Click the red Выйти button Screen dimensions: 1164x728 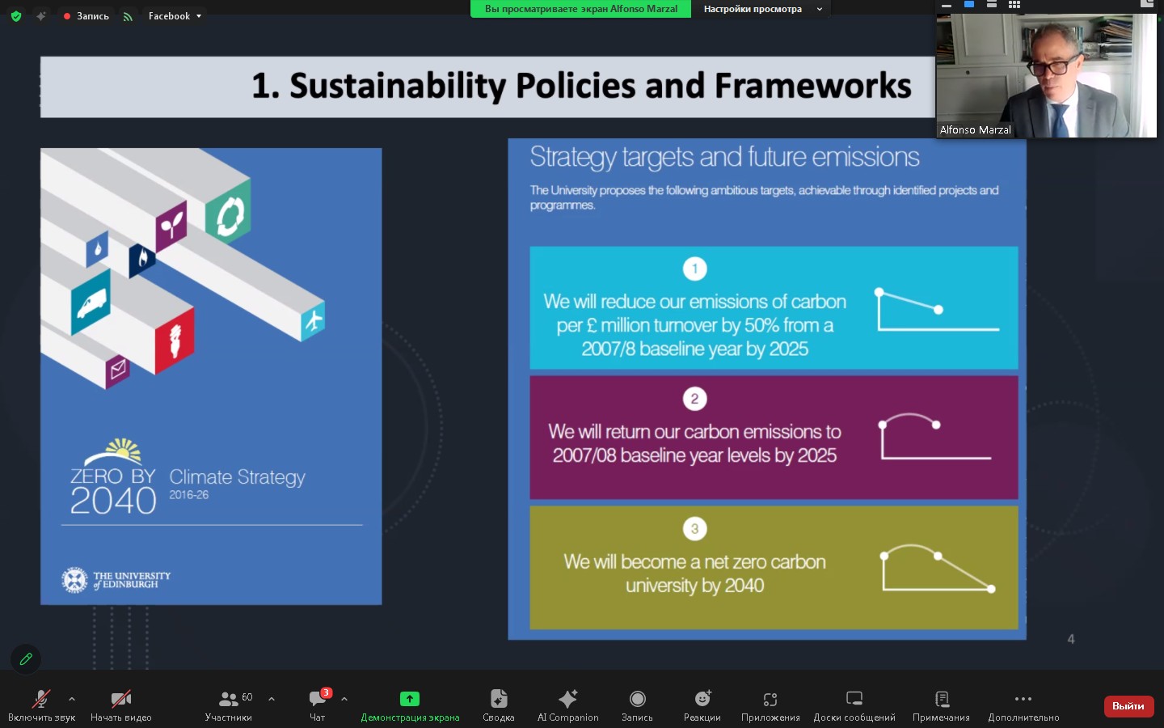pos(1128,705)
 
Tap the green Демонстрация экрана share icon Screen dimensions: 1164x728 pos(410,698)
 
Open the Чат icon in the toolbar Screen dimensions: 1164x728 pos(317,698)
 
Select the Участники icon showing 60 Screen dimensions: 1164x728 pos(229,698)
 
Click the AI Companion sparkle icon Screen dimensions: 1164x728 pos(567,698)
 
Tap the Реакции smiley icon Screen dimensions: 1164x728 pos(702,698)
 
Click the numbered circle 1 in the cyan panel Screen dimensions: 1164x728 pos(695,269)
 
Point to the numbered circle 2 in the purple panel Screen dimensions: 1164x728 pos(695,399)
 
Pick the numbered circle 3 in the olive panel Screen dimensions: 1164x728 pos(695,529)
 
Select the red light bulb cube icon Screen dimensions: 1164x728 pos(175,341)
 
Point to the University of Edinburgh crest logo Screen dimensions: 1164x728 pos(74,580)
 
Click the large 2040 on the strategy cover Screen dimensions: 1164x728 pos(113,501)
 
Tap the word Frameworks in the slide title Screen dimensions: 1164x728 pos(812,85)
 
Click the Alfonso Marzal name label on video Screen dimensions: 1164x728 pos(975,130)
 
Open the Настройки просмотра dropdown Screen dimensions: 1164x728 pos(763,9)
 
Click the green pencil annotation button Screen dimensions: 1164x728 pos(26,659)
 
